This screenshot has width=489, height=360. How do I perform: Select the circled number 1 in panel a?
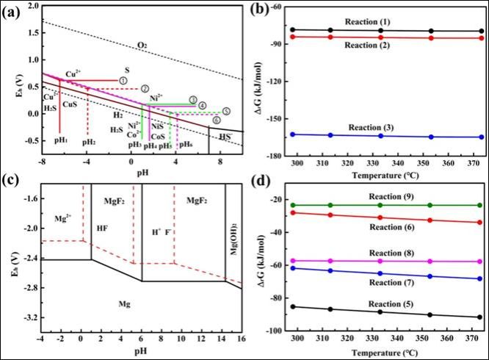pyautogui.click(x=123, y=80)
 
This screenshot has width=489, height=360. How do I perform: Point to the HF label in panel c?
pyautogui.click(x=101, y=229)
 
